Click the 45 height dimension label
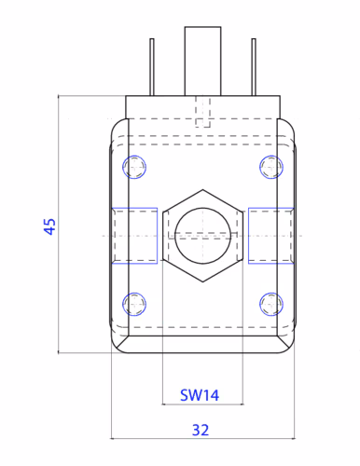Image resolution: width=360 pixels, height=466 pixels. [49, 226]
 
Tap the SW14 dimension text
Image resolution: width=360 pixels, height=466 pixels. [200, 395]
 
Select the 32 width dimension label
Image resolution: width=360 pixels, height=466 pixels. [201, 431]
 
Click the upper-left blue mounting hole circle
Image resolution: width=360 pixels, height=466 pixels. [134, 167]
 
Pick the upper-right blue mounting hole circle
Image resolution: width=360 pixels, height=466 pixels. [271, 167]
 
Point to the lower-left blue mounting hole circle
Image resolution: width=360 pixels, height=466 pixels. [134, 304]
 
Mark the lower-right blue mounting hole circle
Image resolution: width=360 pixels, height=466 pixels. [271, 304]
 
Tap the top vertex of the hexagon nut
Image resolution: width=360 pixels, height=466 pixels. [202, 189]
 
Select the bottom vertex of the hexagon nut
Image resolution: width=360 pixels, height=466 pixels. [202, 281]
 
